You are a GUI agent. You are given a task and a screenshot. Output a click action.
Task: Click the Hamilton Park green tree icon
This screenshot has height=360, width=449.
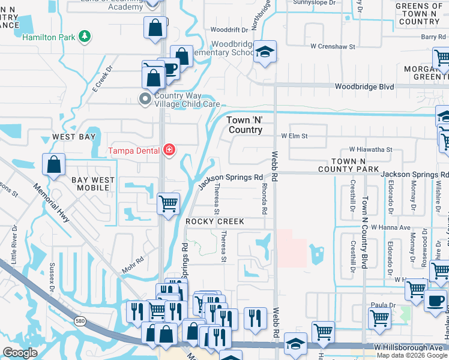[x=86, y=37]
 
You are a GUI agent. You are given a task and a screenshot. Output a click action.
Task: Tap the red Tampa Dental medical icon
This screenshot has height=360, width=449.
[x=170, y=150]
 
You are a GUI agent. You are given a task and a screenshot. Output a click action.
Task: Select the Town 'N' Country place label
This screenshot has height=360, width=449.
[x=245, y=125]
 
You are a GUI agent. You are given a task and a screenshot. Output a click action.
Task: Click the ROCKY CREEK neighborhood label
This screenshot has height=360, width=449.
[x=215, y=221]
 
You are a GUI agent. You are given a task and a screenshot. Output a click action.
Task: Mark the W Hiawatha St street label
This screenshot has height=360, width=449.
[x=370, y=149]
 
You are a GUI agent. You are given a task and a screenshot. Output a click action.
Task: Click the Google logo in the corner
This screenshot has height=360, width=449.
[x=20, y=352]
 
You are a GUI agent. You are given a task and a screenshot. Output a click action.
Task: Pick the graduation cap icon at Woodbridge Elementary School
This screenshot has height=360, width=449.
[x=264, y=52]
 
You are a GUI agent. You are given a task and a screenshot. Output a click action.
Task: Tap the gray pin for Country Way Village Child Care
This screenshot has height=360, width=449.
[x=145, y=99]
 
